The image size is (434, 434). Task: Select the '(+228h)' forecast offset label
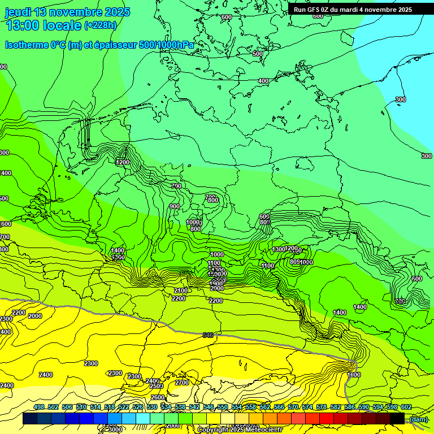(x=101, y=25)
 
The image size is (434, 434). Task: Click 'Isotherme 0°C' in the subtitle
(x=35, y=45)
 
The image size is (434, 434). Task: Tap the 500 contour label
(x=258, y=54)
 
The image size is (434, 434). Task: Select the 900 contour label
(x=175, y=206)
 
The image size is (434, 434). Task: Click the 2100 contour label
(x=181, y=290)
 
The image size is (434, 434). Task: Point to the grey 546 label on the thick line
(x=208, y=335)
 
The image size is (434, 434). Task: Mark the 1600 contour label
(x=354, y=375)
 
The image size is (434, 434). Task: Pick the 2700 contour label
(x=182, y=383)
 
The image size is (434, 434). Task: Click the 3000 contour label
(x=115, y=429)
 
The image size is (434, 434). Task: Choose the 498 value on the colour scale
(x=39, y=407)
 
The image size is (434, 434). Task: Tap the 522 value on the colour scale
(x=124, y=407)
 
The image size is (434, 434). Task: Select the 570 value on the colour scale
(x=293, y=407)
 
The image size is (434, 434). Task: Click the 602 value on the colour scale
(x=406, y=407)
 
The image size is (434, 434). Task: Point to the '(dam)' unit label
(x=418, y=419)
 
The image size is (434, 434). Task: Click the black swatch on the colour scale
(x=397, y=419)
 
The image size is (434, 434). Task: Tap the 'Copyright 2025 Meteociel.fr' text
(x=240, y=429)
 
